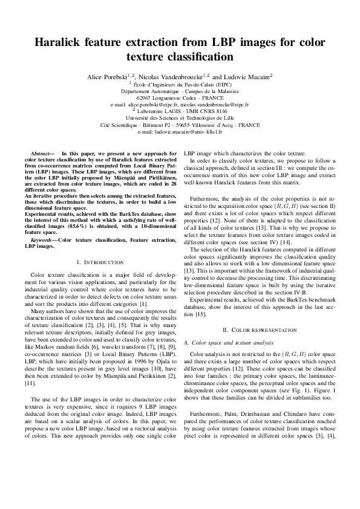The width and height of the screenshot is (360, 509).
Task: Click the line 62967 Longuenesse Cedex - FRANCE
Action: tap(180, 97)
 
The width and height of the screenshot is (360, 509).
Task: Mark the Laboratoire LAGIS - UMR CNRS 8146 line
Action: tap(180, 111)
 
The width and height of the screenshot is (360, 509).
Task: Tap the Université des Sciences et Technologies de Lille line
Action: tap(180, 118)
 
